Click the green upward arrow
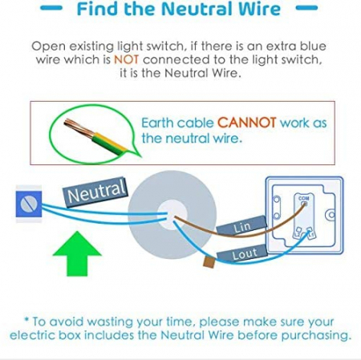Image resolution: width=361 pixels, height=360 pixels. (x=77, y=254)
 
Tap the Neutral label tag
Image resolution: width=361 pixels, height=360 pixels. (x=95, y=192)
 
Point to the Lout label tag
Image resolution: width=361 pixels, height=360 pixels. (x=242, y=254)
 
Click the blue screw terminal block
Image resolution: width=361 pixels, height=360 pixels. (x=29, y=204)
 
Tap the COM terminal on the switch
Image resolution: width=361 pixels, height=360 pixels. (x=304, y=204)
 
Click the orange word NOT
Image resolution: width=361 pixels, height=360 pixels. (x=126, y=59)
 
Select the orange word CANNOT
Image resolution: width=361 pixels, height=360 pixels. (x=247, y=123)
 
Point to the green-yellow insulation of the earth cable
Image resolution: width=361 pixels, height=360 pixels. (x=108, y=143)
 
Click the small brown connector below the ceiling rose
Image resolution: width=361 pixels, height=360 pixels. (x=209, y=262)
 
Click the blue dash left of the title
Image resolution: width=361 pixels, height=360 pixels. (x=51, y=8)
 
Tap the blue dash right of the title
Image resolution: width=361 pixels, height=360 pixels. (x=306, y=8)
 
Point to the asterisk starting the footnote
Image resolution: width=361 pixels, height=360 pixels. (x=26, y=319)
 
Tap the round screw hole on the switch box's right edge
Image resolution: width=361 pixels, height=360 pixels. (x=331, y=215)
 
